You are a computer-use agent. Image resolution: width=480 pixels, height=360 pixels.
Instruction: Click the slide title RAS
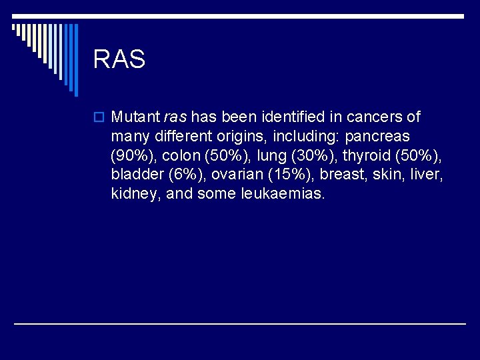coord(119,59)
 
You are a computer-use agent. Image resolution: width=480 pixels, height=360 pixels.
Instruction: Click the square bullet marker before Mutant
coord(99,118)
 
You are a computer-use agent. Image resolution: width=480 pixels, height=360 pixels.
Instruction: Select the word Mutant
coord(136,117)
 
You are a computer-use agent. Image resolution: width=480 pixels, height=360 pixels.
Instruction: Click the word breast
coord(342,175)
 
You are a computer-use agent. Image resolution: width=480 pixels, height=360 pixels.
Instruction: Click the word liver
coord(425,175)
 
